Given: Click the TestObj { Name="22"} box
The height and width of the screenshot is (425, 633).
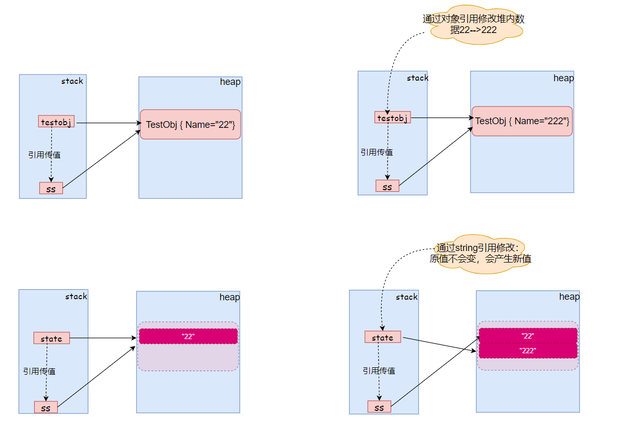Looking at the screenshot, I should pos(190,124).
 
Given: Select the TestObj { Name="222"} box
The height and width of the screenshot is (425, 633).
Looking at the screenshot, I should pos(522,121).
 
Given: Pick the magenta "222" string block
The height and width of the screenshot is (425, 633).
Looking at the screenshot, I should pos(528,351).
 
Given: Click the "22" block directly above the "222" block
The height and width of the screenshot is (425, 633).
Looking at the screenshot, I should pos(528,335).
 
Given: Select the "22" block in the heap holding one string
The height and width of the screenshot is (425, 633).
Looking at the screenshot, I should pos(188,336).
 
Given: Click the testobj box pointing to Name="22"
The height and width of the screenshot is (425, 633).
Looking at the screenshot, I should pos(56,122).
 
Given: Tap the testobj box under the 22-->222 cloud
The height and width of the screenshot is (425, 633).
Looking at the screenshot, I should pos(392,118).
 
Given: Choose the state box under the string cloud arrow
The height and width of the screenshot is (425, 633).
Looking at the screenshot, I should pos(382,337).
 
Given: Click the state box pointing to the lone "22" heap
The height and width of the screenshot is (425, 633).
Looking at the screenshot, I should pos(51,339).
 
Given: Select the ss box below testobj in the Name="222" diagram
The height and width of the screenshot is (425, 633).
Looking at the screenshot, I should pos(387,186).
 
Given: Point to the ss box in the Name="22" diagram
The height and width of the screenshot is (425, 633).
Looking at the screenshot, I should pos(51,188).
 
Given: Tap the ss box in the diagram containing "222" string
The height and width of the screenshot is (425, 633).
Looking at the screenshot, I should pos(379,407).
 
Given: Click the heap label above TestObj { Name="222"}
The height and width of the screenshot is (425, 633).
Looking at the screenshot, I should pos(563,78).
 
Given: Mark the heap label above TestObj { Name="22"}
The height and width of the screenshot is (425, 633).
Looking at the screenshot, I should pos(230,82).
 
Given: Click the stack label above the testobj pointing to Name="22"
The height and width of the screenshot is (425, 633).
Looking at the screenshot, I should pos(72,81).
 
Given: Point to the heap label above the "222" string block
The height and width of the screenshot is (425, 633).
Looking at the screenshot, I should pos(569,297).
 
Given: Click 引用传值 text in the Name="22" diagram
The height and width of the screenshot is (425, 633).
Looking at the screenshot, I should pos(44,155).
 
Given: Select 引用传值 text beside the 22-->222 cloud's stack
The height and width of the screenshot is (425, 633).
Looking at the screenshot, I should pos(377,152).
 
